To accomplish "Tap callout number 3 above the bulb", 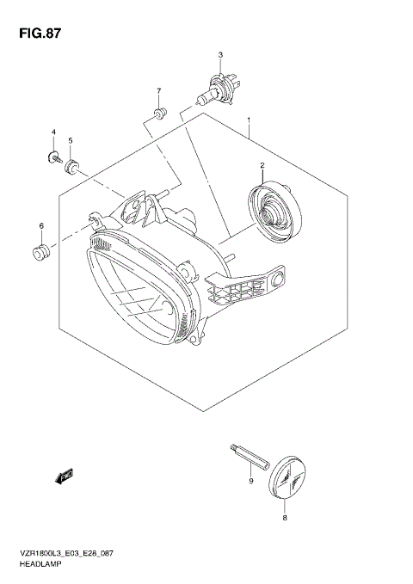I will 220,55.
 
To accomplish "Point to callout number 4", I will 52,132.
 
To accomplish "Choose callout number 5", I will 71,140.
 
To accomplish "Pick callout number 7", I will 158,90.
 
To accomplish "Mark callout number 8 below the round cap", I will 286,518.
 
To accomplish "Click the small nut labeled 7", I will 158,113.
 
